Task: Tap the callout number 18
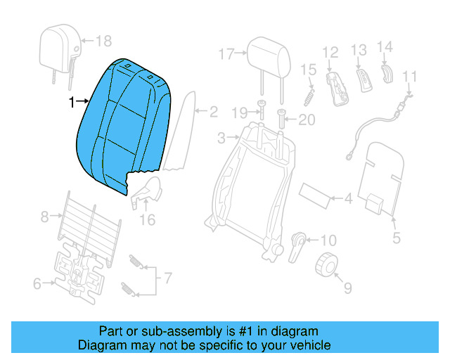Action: pyautogui.click(x=103, y=41)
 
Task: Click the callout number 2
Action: pyautogui.click(x=213, y=111)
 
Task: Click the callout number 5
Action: pyautogui.click(x=397, y=238)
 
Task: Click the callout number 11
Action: pyautogui.click(x=410, y=77)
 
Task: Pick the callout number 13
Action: pyautogui.click(x=359, y=50)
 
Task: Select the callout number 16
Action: pyautogui.click(x=146, y=220)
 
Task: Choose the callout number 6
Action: pyautogui.click(x=37, y=284)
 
